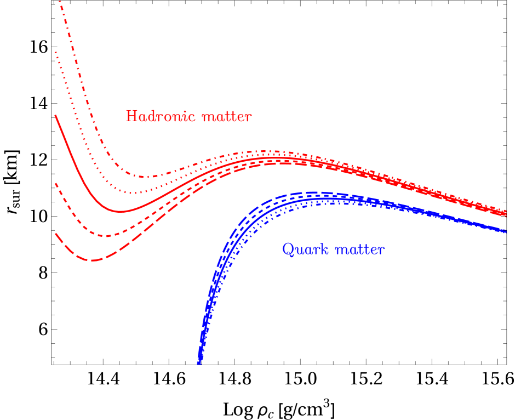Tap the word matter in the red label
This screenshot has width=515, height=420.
point(227,117)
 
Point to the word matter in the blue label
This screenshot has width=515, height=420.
point(360,250)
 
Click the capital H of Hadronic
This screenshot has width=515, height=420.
point(131,116)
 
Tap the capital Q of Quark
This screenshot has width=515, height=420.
point(288,250)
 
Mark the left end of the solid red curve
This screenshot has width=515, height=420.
point(55,116)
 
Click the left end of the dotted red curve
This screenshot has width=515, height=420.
point(55,52)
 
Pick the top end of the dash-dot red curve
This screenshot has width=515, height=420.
point(60,2)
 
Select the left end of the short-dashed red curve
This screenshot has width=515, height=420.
point(55,184)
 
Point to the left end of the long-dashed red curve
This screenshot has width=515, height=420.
point(55,234)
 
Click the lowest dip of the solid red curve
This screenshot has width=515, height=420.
point(121,211)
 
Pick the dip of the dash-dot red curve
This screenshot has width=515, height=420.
point(147,177)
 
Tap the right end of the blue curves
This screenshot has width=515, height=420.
point(505,231)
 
